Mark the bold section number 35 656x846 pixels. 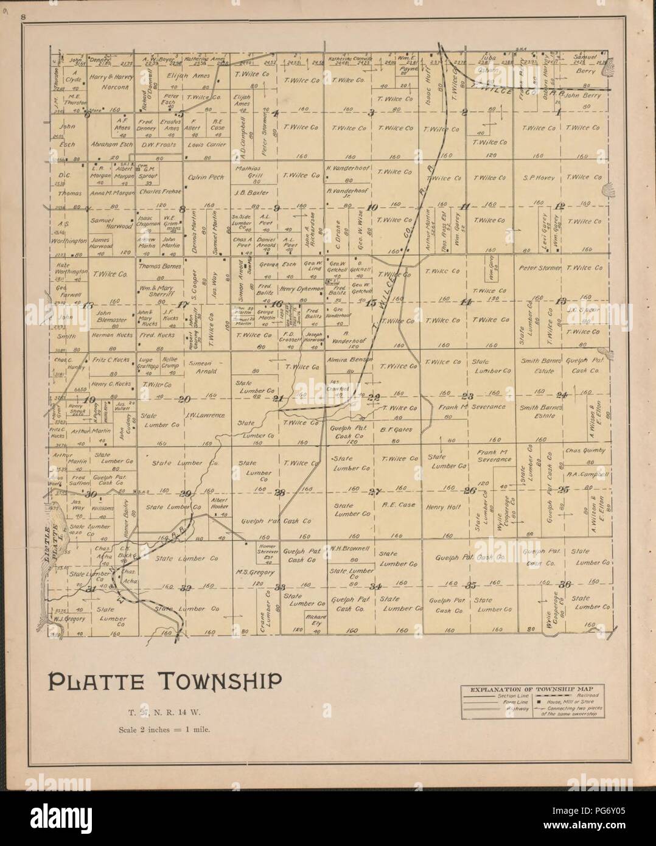[470, 586]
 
